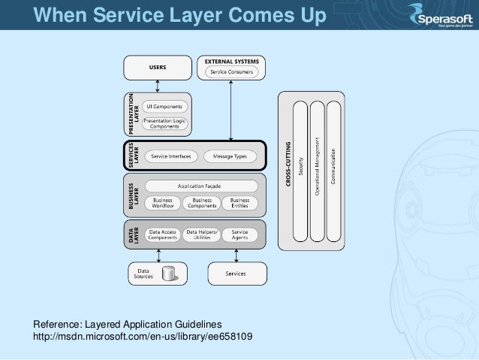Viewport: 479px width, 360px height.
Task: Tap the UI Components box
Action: pos(164,107)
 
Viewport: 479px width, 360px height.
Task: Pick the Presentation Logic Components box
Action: pos(164,123)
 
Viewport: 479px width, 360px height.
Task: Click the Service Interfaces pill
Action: pos(170,156)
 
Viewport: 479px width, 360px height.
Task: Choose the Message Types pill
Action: pos(230,156)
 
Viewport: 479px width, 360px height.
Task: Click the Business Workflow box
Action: pos(163,203)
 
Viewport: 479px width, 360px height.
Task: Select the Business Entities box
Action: pos(239,203)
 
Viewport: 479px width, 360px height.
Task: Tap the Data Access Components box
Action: pos(162,234)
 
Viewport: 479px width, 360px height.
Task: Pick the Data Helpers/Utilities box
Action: pos(202,234)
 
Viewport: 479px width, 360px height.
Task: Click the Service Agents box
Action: pos(239,234)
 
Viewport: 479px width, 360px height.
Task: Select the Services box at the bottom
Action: pos(236,273)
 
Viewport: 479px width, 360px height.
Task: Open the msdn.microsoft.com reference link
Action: pos(143,336)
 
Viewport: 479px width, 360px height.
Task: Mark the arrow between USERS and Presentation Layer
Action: pos(157,85)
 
